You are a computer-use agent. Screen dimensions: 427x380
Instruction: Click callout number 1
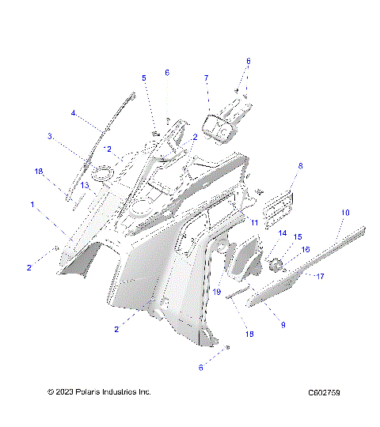32,204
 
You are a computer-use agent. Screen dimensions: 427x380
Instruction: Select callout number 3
50,136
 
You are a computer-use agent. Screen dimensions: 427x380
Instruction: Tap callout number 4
74,113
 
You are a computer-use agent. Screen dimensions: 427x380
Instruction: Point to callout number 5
144,77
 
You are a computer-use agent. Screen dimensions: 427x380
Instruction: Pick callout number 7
206,78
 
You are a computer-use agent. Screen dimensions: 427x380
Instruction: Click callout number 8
300,166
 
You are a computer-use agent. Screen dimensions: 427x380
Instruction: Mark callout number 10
344,213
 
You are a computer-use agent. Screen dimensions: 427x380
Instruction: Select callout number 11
255,224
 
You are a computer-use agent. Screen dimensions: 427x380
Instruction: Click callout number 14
281,232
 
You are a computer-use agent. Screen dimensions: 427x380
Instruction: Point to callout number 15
298,236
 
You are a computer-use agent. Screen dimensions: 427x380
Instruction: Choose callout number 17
321,276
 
